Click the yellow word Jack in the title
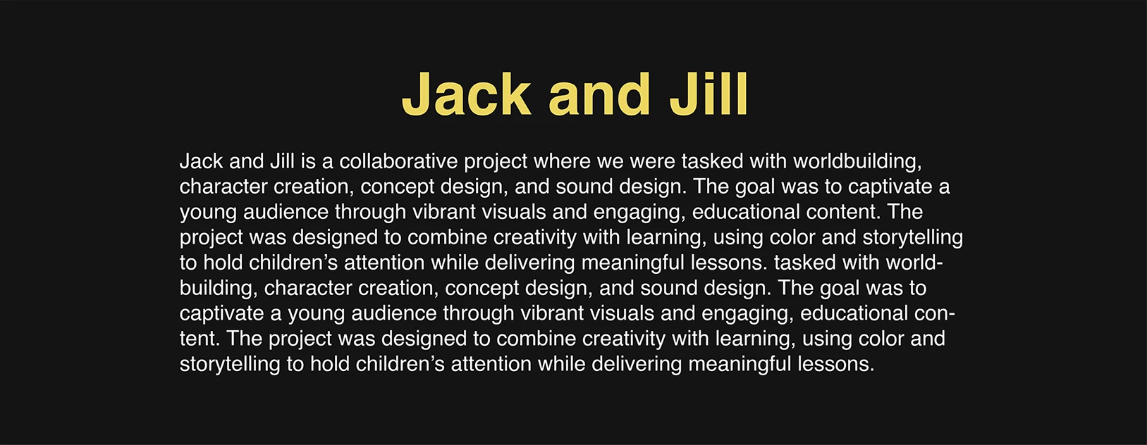tap(467, 94)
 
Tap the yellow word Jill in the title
tap(709, 94)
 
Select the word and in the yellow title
tap(600, 94)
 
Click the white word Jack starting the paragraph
tap(201, 161)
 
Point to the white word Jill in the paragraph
tap(281, 161)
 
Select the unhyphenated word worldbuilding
tap(858, 162)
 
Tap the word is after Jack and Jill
tap(308, 161)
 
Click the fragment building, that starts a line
tap(219, 289)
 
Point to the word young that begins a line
tap(208, 213)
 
